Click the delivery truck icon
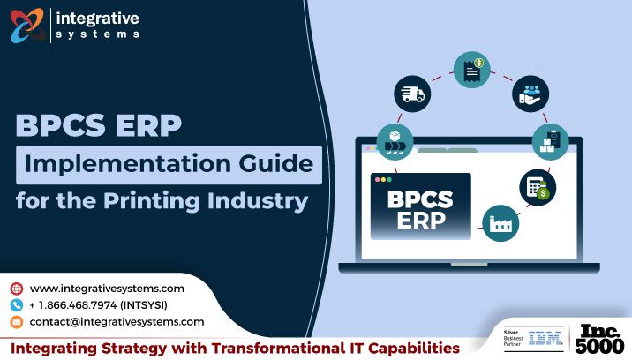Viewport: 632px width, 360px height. [x=412, y=93]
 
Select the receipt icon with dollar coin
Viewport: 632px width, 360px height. [x=472, y=70]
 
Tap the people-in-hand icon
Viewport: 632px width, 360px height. [x=531, y=94]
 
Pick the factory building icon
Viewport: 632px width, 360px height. [x=500, y=222]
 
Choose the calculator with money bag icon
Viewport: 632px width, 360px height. [x=537, y=185]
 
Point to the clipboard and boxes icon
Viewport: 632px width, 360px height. [x=550, y=139]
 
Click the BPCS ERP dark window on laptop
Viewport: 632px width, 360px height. [x=420, y=206]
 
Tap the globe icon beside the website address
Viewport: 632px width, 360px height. [x=17, y=289]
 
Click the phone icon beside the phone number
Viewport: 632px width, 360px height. [x=17, y=305]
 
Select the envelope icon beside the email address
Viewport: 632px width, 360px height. [x=17, y=322]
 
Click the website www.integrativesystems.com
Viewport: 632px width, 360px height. [x=107, y=289]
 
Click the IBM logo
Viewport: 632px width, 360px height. [x=539, y=338]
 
